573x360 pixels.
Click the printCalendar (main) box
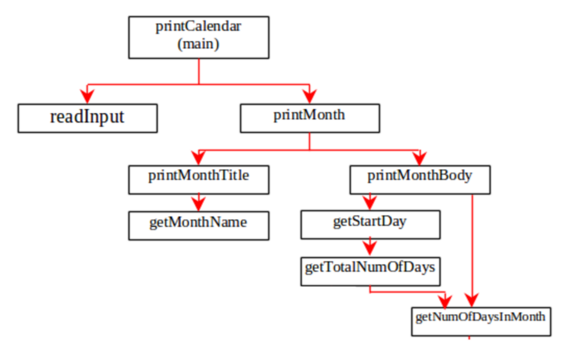click(x=199, y=37)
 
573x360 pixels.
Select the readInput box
click(x=88, y=118)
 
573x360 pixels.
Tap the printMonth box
click(x=310, y=118)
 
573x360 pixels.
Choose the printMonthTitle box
click(x=199, y=179)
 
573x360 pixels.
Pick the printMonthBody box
click(x=420, y=179)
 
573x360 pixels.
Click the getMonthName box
click(x=199, y=226)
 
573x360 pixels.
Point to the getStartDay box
click(x=371, y=225)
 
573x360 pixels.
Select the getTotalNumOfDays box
click(x=371, y=272)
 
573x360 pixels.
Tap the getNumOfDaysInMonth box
click(x=481, y=322)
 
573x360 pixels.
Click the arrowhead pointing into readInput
click(x=87, y=96)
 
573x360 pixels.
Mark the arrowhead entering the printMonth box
click(x=310, y=96)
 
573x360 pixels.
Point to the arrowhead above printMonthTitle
click(x=198, y=158)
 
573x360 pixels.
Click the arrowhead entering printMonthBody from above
click(x=420, y=158)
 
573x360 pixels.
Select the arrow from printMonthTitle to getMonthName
click(x=199, y=203)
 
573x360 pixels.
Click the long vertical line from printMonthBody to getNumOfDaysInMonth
click(x=472, y=250)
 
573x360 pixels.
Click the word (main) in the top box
click(x=198, y=44)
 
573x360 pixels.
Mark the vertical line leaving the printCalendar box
click(x=199, y=71)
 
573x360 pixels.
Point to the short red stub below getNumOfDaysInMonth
click(x=469, y=338)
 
